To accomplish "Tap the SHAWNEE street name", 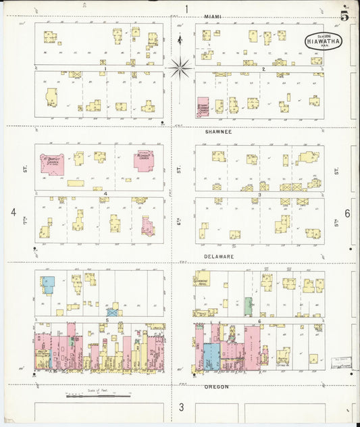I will pos(218,132).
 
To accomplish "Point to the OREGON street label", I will pos(216,386).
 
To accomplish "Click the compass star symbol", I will pos(180,66).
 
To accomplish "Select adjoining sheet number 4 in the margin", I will pos(13,212).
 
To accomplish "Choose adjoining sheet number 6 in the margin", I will pos(347,213).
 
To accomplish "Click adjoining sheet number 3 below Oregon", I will pos(181,407).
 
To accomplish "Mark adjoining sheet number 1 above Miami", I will pos(186,9).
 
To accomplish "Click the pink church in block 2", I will pos(203,107).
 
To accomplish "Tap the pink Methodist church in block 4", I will pos(143,161).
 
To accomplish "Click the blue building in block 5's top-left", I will pos(47,284).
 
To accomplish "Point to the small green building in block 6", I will pos(248,305).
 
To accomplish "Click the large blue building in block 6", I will pos(211,355).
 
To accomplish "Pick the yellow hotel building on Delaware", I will pos(201,279).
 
